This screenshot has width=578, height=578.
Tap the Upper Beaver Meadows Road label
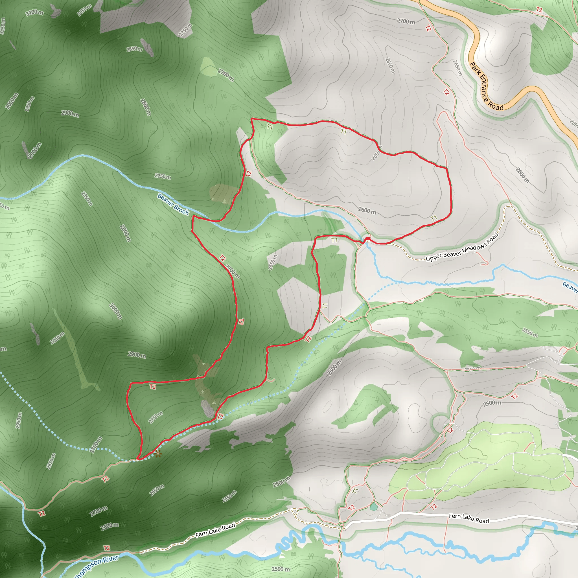click(462, 248)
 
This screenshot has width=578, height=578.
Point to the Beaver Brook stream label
click(173, 204)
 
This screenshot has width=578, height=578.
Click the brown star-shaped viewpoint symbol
click(158, 454)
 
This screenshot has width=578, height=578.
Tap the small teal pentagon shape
click(373, 507)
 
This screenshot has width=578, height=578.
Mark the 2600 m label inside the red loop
click(367, 211)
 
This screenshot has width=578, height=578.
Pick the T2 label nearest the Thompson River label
click(107, 548)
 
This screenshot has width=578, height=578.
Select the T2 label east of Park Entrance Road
click(539, 10)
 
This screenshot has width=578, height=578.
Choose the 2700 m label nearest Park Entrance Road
click(406, 21)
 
